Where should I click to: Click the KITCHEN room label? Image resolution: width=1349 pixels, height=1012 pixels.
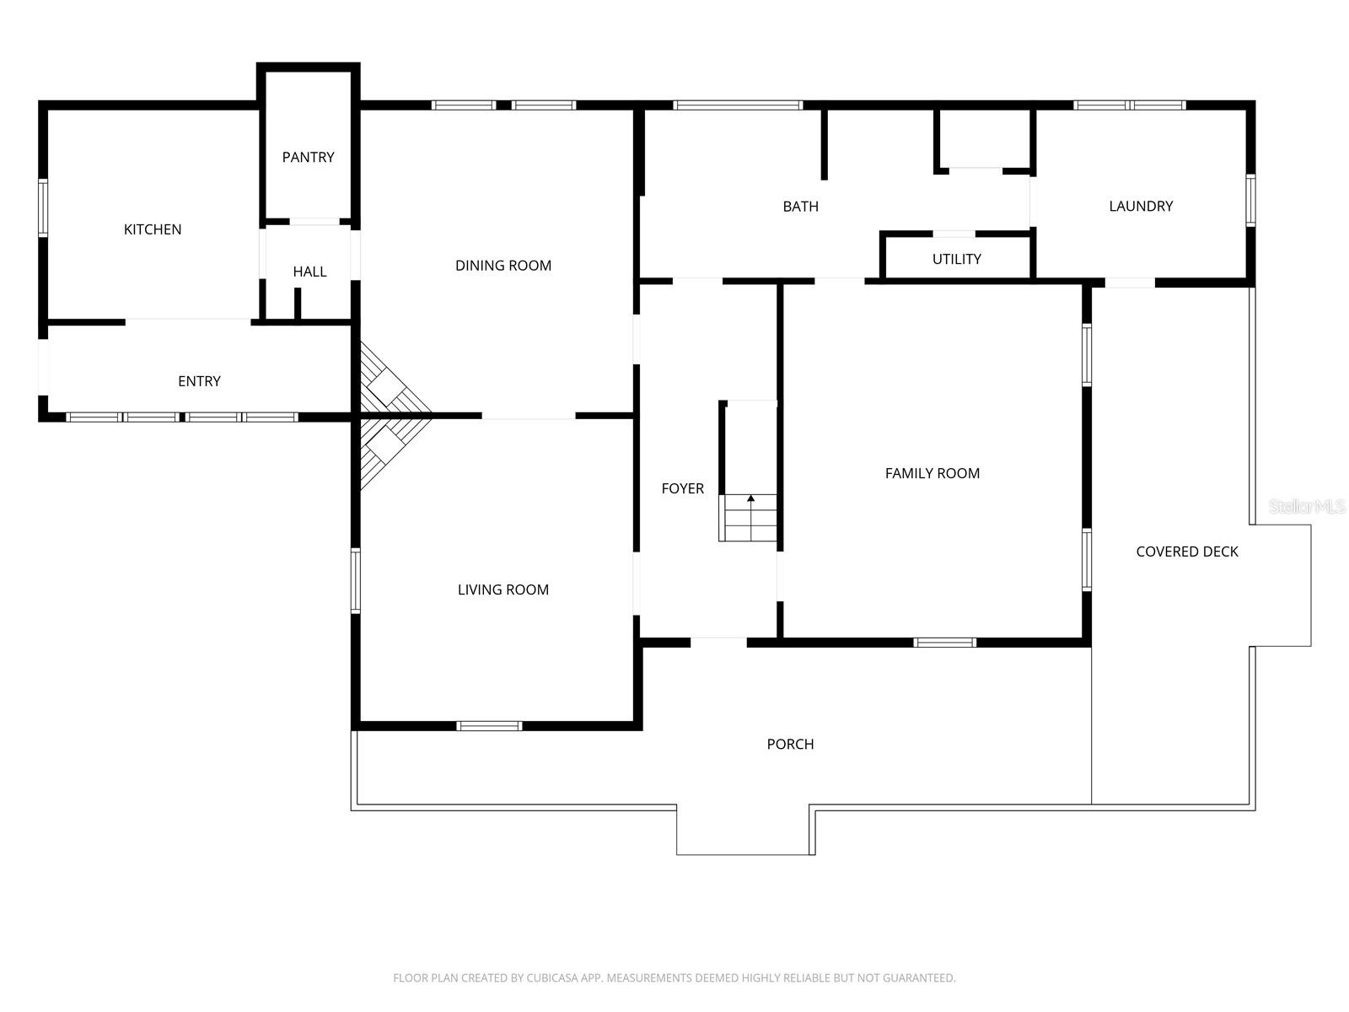[153, 229]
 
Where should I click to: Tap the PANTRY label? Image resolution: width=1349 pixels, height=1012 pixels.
[308, 157]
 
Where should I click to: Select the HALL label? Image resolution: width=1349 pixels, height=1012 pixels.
[309, 272]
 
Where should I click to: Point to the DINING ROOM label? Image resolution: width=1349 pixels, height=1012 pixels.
[503, 266]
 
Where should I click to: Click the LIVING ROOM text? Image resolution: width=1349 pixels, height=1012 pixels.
[503, 590]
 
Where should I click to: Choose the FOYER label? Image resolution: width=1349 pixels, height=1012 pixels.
[682, 488]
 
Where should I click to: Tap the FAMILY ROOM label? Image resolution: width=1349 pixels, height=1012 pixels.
[932, 474]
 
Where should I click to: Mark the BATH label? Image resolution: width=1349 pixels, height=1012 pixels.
[800, 207]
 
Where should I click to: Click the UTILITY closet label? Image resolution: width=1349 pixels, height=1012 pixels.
[956, 259]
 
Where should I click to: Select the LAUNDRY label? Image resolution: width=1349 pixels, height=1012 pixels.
[1141, 207]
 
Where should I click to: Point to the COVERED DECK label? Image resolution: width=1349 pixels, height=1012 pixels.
[1186, 552]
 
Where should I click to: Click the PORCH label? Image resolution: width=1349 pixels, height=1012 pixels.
[790, 744]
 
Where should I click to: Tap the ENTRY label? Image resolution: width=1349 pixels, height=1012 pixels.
[199, 381]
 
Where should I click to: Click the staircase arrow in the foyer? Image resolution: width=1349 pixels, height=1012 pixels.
[750, 500]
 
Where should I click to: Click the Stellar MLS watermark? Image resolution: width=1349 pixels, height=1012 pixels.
[1306, 506]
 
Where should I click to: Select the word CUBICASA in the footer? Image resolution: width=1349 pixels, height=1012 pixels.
[556, 978]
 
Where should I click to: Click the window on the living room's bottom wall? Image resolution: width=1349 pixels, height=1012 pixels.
[490, 725]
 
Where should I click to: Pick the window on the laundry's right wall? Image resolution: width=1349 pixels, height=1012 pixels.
[1250, 201]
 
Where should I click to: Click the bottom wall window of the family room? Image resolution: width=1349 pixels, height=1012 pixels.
[945, 643]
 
